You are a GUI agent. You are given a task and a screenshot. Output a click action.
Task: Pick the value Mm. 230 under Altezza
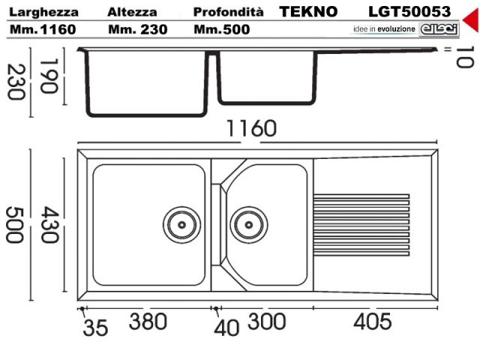(136, 28)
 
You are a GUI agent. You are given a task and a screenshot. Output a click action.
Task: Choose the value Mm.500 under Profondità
(222, 28)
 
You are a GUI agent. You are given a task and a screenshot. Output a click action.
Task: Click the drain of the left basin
(181, 223)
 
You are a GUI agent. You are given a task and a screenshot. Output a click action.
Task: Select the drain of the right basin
(247, 223)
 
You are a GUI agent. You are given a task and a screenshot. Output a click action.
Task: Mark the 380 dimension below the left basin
(148, 322)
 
